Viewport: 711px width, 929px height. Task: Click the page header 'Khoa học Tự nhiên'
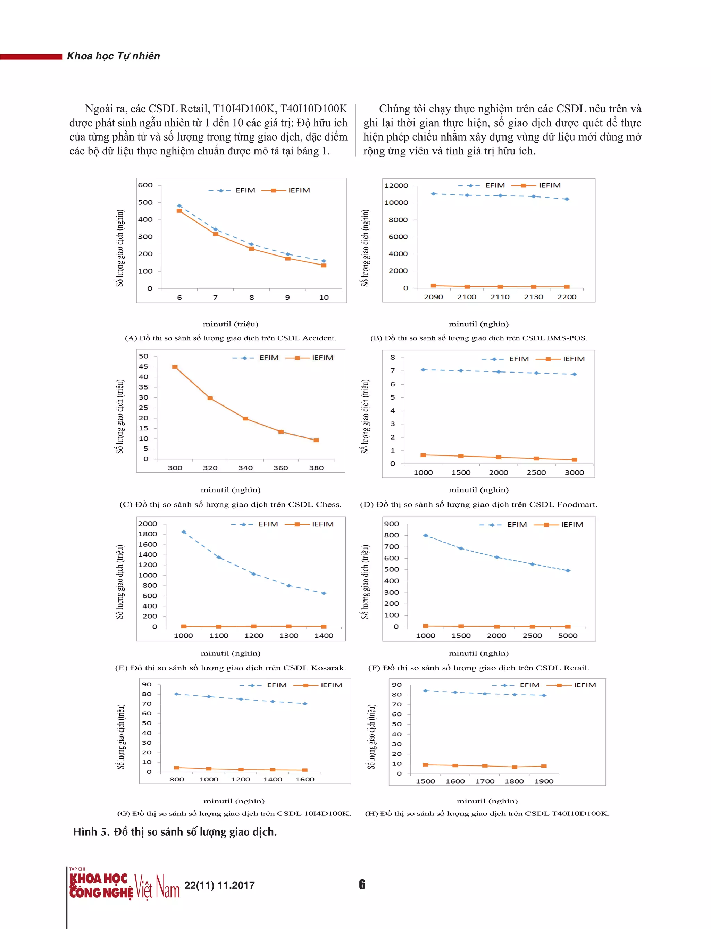click(114, 56)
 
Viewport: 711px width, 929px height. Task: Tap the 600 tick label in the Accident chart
click(145, 185)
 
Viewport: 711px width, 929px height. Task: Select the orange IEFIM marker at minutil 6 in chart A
click(179, 211)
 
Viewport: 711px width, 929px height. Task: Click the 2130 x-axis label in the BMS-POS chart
click(533, 297)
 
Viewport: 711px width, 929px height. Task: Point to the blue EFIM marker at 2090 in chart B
click(433, 194)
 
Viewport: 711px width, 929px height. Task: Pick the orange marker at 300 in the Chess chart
click(175, 367)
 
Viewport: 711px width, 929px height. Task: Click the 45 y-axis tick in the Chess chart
click(143, 367)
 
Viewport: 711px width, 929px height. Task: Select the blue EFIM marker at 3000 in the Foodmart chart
click(574, 374)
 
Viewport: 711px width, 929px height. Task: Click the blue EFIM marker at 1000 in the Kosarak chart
click(184, 532)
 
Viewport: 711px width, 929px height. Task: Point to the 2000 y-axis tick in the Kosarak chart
click(147, 524)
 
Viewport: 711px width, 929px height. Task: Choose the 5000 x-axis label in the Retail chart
click(568, 635)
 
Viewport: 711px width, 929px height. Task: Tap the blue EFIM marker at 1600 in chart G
click(305, 704)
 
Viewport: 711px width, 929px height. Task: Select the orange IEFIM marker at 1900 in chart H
click(544, 766)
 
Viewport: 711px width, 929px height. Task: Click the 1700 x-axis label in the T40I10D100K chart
click(485, 781)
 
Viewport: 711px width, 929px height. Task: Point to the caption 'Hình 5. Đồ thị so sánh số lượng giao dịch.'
click(175, 832)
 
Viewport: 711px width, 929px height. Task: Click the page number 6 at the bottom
click(362, 885)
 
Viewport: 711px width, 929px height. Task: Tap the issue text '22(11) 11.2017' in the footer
click(220, 885)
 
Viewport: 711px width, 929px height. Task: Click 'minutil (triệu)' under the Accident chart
click(231, 324)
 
